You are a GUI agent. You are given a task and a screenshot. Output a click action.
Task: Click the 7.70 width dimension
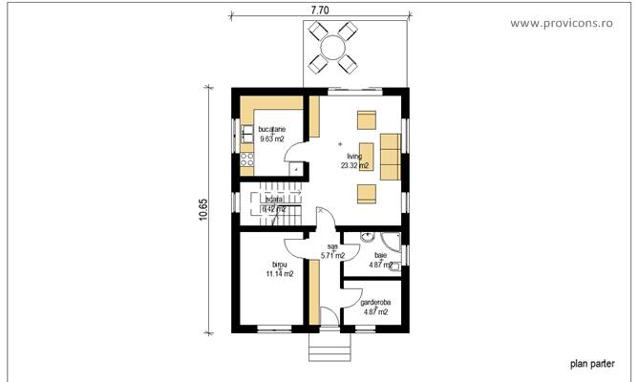click(321, 9)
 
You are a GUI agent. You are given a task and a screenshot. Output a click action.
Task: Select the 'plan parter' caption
click(593, 363)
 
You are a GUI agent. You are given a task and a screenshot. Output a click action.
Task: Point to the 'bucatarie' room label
click(271, 129)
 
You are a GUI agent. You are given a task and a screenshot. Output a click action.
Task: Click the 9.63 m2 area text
click(271, 138)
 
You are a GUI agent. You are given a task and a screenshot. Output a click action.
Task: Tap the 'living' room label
click(354, 156)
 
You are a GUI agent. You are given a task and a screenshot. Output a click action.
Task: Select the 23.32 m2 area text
click(354, 165)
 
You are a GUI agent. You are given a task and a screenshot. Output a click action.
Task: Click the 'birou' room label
click(279, 264)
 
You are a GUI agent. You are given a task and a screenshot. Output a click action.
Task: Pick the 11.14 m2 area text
click(279, 274)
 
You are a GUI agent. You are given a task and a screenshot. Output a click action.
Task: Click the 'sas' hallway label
click(332, 246)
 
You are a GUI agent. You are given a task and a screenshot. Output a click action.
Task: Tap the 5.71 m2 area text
click(332, 256)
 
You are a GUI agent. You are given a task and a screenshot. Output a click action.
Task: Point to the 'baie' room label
click(380, 256)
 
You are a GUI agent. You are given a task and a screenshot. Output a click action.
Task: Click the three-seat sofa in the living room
click(389, 157)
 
